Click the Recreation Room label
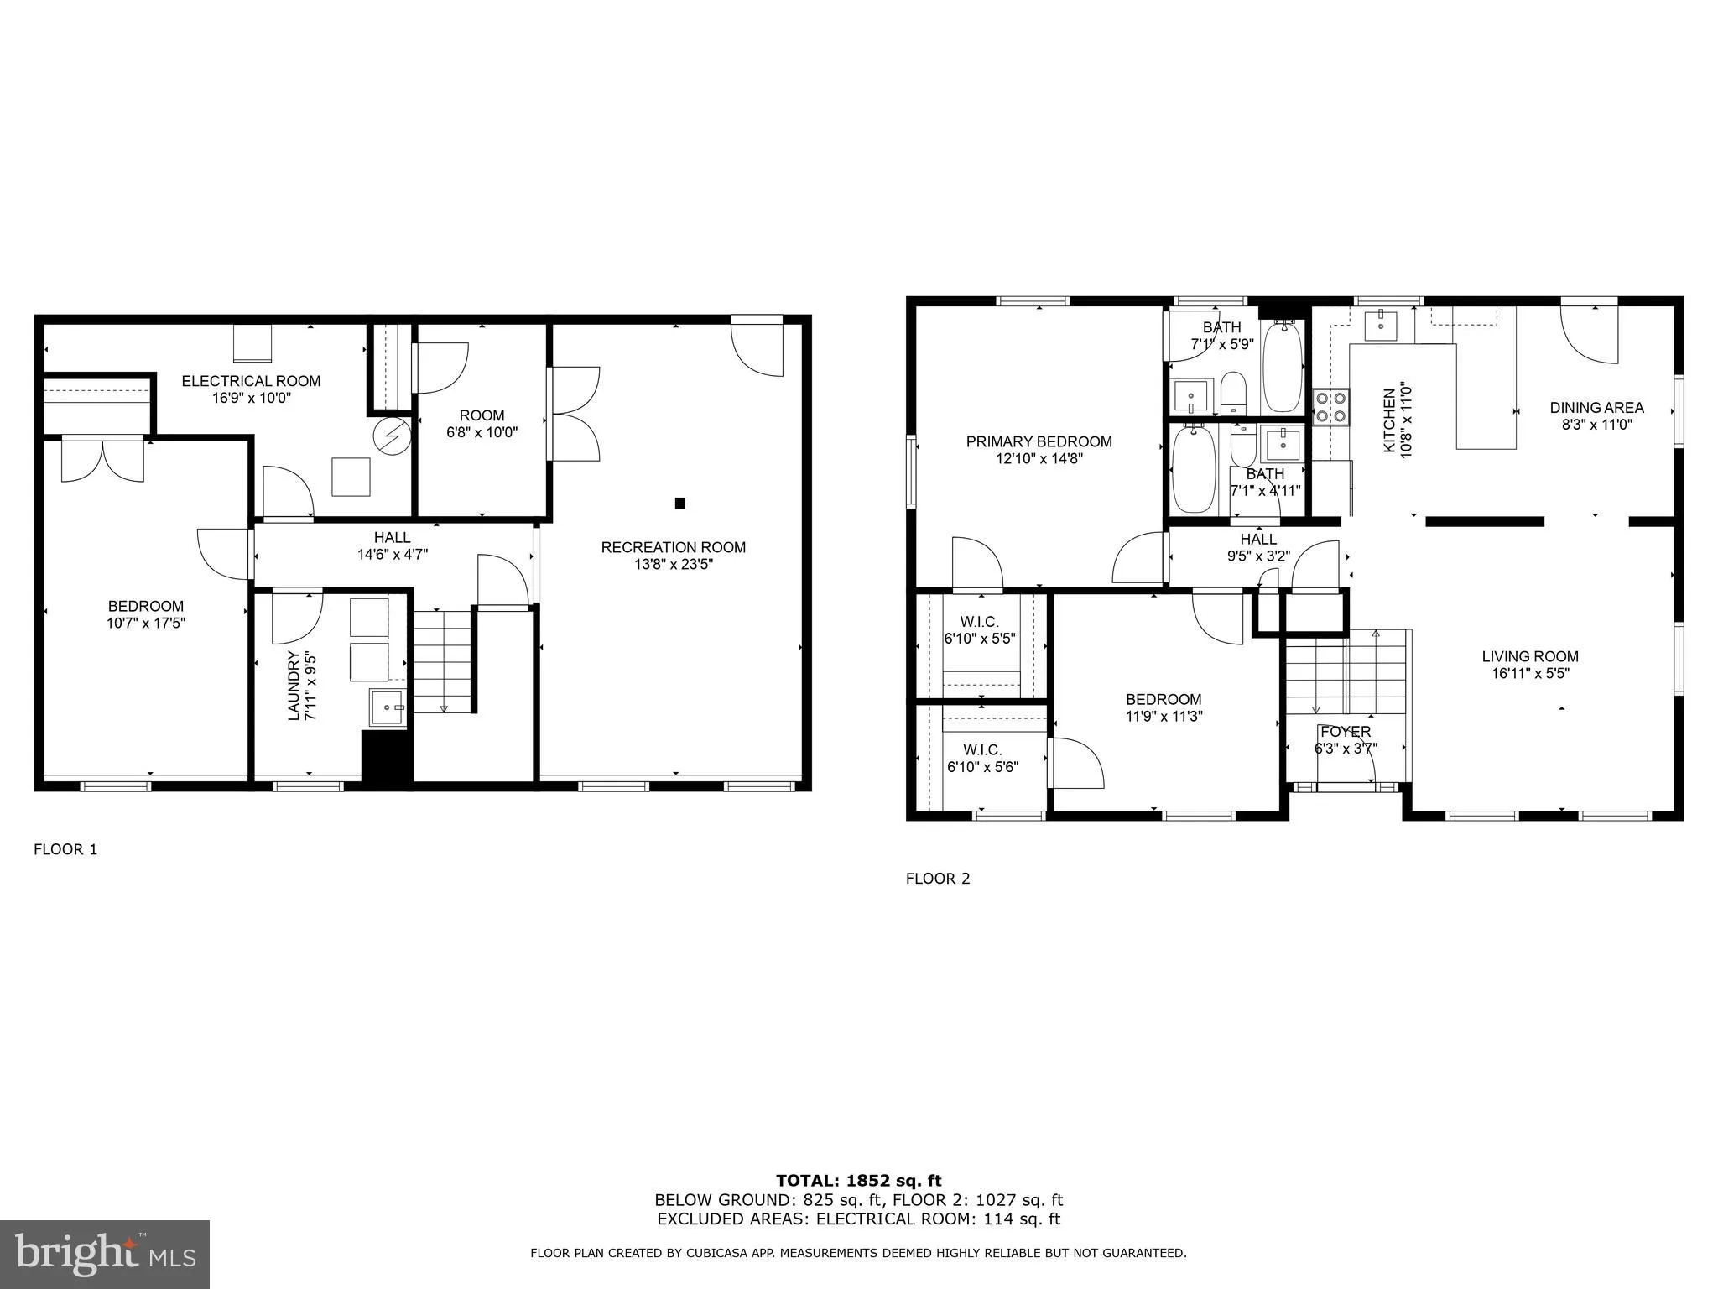[673, 547]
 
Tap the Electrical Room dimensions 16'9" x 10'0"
[251, 398]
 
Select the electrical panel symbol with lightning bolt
[392, 435]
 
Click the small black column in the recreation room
[679, 504]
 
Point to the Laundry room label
[294, 685]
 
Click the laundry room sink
[388, 707]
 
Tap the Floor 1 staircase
[443, 662]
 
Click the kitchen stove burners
[1330, 407]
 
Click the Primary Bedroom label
[1039, 441]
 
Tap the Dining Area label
[1596, 408]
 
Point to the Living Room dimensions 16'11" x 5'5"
[1530, 673]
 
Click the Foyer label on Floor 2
[1345, 732]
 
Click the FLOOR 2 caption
[937, 879]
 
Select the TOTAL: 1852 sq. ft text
[858, 1182]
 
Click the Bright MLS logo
[105, 1255]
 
